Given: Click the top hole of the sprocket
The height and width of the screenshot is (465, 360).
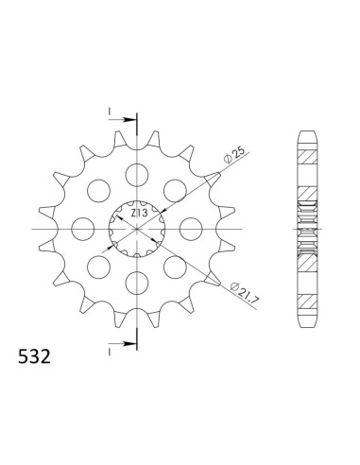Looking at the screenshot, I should pyautogui.click(x=137, y=175).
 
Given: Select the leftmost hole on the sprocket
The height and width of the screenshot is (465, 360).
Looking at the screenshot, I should pyautogui.click(x=83, y=229).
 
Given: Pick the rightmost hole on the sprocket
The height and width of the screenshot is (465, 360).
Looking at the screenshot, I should pyautogui.click(x=191, y=229).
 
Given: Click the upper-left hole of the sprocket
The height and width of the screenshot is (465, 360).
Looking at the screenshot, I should pyautogui.click(x=99, y=191).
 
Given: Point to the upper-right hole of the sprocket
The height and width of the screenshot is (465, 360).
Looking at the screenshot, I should pyautogui.click(x=175, y=191).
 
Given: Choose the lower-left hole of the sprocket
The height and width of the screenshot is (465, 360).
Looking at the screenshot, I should pyautogui.click(x=99, y=267).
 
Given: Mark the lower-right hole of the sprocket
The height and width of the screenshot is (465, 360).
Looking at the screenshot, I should pyautogui.click(x=175, y=267).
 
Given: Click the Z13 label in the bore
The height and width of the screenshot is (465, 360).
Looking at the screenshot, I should pyautogui.click(x=138, y=215).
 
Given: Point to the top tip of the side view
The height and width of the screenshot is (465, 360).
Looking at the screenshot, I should pyautogui.click(x=309, y=129).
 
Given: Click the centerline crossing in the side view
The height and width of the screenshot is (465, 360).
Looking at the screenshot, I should pyautogui.click(x=309, y=229).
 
